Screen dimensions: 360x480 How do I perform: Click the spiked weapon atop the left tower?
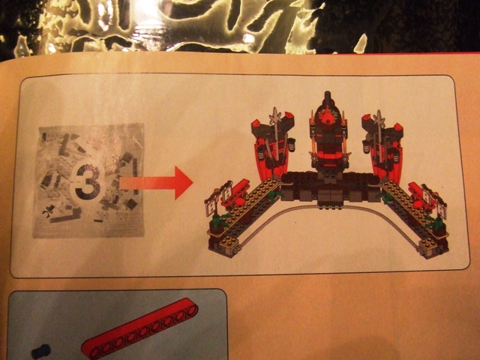click(280, 118)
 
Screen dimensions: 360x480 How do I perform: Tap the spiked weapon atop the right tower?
click(380, 118)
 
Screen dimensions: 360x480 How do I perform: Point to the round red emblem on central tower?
click(326, 119)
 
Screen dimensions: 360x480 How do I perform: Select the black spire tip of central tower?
click(326, 97)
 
